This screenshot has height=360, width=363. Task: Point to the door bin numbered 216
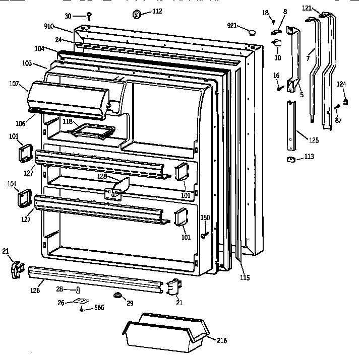coord(164,332)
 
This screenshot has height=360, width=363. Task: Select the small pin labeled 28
coord(78,290)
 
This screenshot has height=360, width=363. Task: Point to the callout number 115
coord(245,277)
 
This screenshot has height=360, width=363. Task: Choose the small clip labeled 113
coord(290,160)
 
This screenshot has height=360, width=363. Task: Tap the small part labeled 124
coord(345,103)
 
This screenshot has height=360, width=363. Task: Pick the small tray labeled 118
coord(92,131)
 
